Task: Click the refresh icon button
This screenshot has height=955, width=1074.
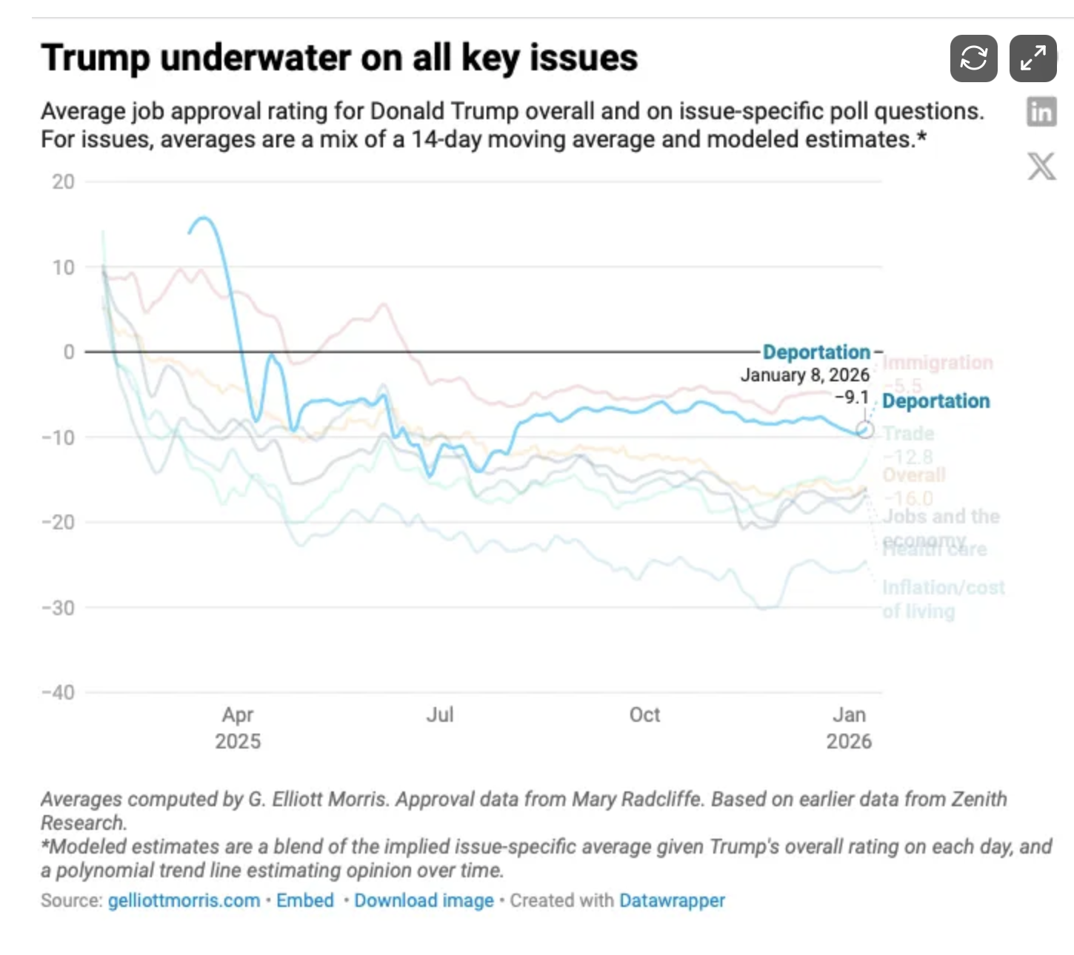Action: (x=973, y=58)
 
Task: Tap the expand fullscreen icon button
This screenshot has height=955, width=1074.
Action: (x=1033, y=58)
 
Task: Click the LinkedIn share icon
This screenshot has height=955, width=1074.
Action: (x=1041, y=113)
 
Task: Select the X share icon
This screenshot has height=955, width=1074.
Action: (x=1041, y=166)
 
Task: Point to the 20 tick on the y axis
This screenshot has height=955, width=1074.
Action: (x=64, y=182)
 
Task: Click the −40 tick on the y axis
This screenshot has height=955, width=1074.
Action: (x=59, y=693)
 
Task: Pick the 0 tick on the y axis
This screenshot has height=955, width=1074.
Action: (x=69, y=352)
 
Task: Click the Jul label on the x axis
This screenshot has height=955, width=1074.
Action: (x=439, y=715)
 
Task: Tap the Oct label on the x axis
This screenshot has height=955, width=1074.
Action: (x=644, y=715)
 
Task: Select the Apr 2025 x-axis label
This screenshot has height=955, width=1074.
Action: (x=238, y=728)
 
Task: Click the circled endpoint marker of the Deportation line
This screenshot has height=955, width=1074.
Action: (x=864, y=430)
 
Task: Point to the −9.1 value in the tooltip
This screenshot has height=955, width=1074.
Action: (x=851, y=398)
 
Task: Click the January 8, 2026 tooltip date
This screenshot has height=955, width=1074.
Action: (x=804, y=375)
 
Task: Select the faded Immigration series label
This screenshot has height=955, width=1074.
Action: (x=937, y=363)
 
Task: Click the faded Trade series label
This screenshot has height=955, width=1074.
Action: (x=908, y=434)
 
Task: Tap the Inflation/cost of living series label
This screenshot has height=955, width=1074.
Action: (x=942, y=599)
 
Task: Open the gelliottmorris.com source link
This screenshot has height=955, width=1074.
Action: (x=184, y=901)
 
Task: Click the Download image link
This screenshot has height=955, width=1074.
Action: (x=424, y=901)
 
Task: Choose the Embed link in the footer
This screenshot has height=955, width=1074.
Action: (x=305, y=901)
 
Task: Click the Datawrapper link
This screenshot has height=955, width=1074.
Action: (x=672, y=901)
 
